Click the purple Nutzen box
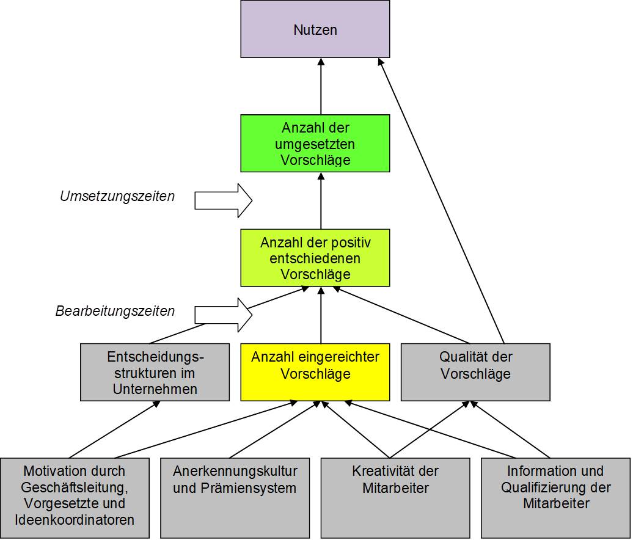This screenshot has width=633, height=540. (315, 29)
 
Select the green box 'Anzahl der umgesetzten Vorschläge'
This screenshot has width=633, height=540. (315, 143)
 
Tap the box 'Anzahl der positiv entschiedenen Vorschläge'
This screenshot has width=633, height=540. (315, 258)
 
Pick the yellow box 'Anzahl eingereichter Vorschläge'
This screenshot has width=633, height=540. (315, 372)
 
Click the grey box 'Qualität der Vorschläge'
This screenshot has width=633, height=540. (475, 372)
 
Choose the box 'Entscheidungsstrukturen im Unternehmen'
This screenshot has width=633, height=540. (155, 372)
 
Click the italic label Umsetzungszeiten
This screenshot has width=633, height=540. (117, 197)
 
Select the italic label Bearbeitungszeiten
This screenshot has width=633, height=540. (115, 312)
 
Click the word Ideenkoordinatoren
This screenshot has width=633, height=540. (75, 520)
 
